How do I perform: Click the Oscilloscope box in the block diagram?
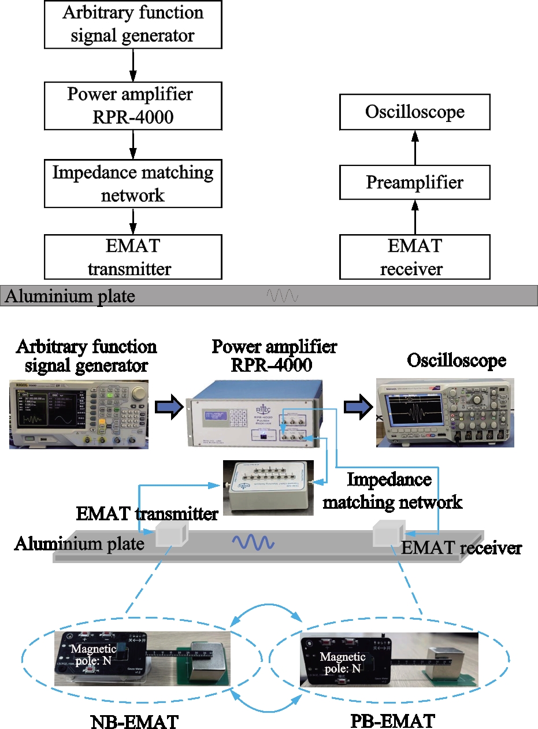[x=414, y=112]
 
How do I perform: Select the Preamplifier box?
[x=414, y=183]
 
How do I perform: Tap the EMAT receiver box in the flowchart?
[x=414, y=257]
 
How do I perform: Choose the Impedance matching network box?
[x=133, y=184]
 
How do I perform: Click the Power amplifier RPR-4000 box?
[x=133, y=105]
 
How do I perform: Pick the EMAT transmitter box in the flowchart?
[x=133, y=257]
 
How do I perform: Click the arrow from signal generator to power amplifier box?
[x=133, y=65]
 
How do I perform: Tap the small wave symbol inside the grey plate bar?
[x=282, y=297]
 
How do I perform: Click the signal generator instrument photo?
[x=79, y=414]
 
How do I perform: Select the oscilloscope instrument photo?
[x=445, y=412]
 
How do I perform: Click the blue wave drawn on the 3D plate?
[x=253, y=542]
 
